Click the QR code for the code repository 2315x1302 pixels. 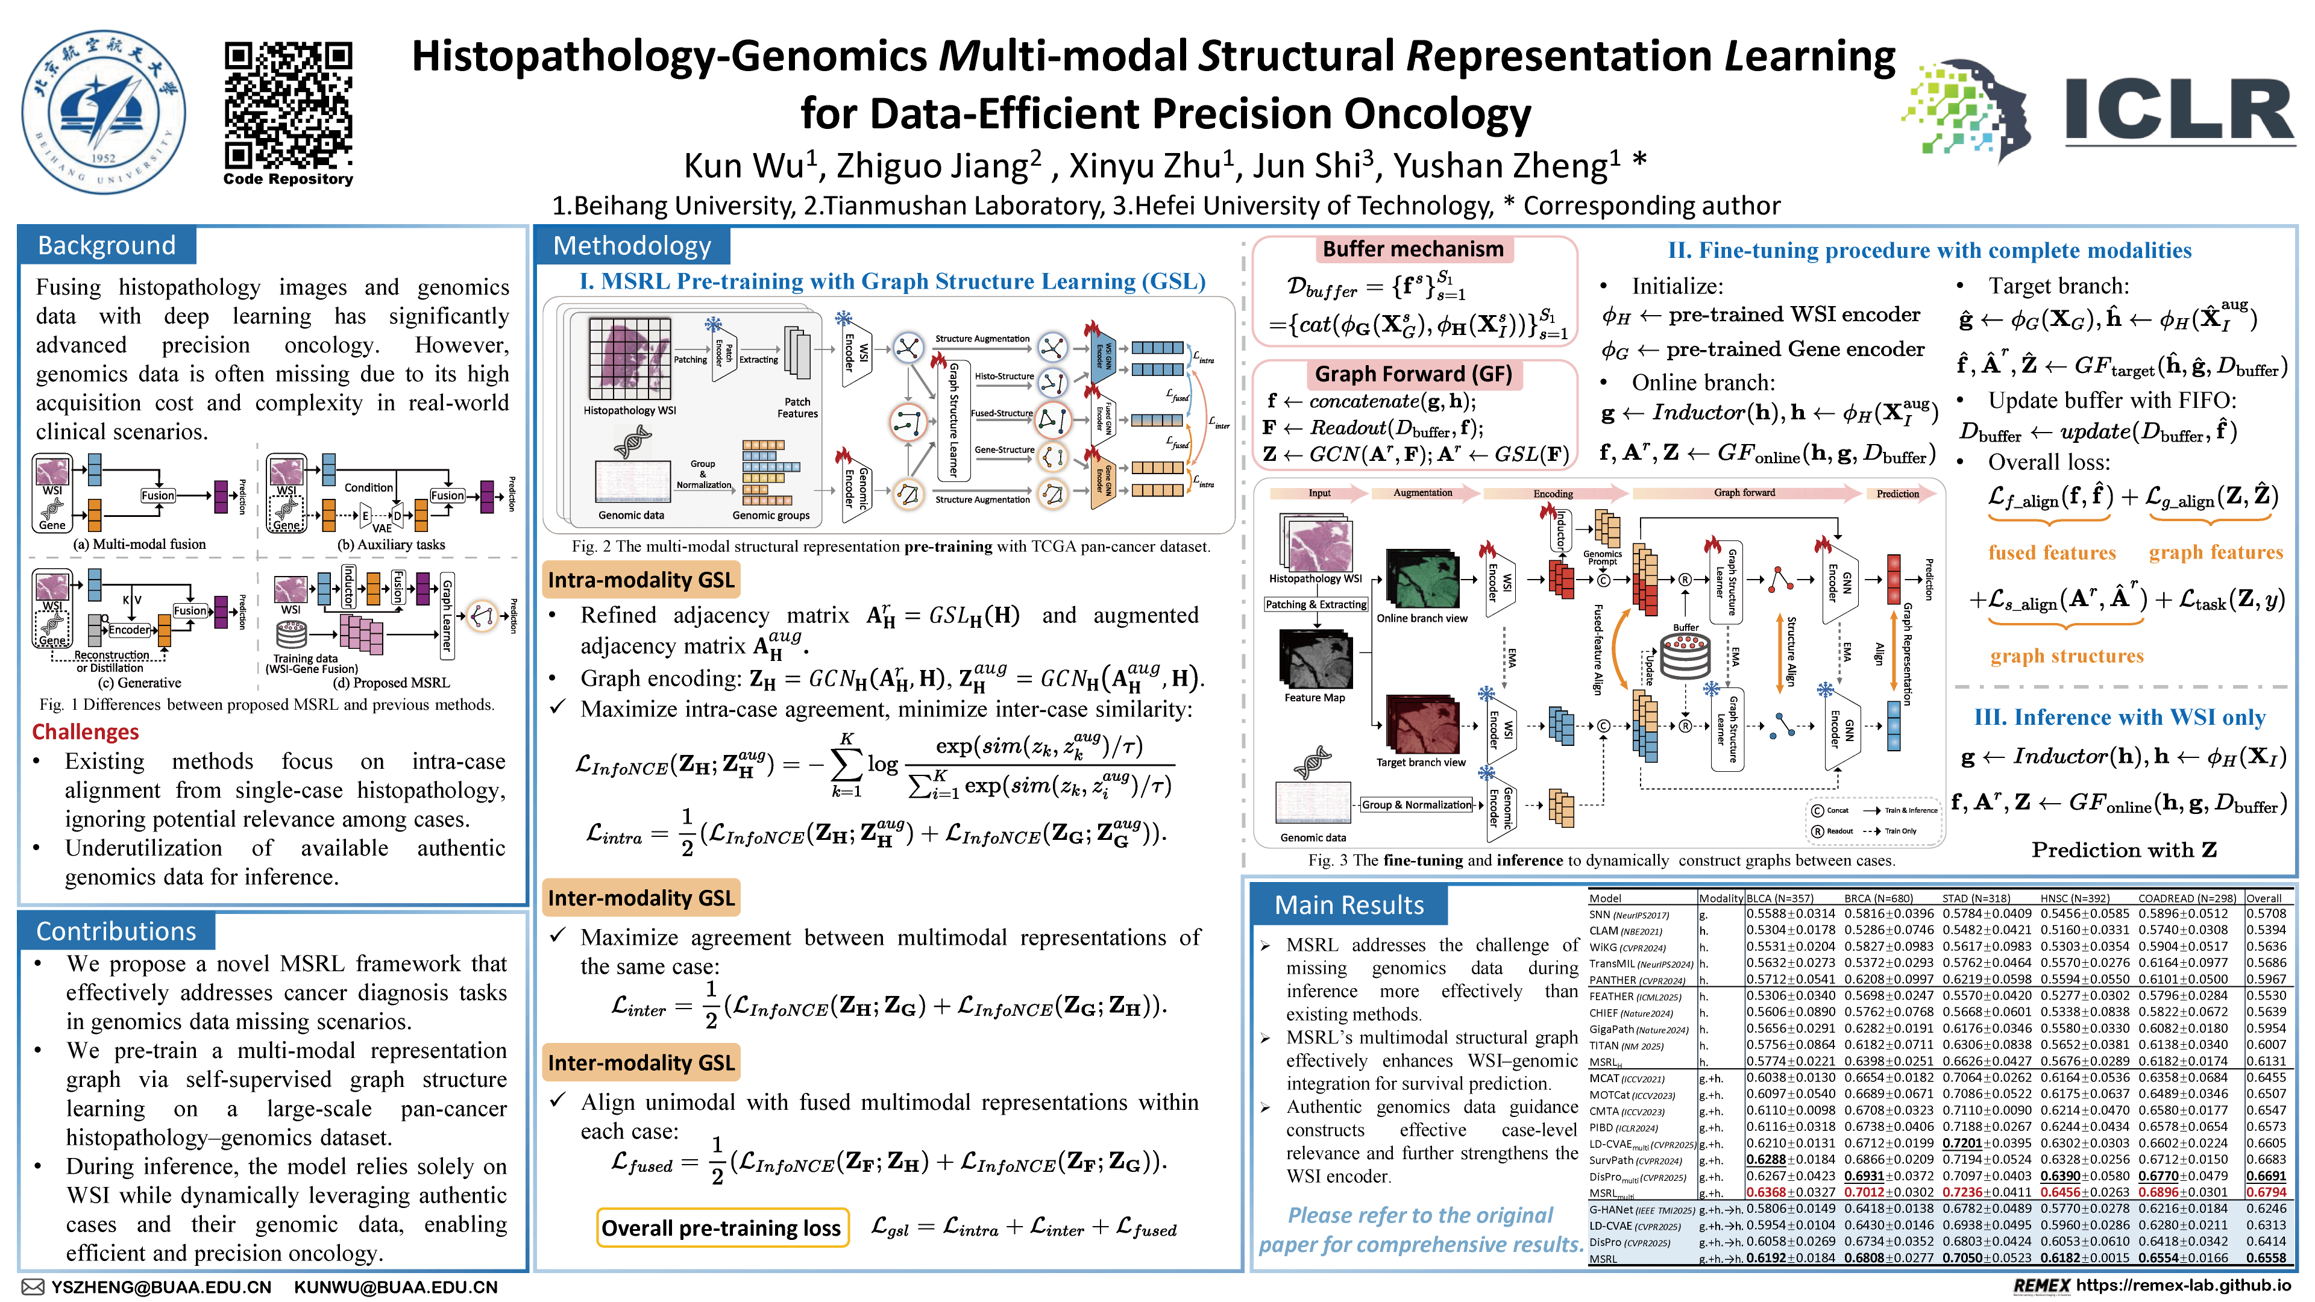click(x=287, y=105)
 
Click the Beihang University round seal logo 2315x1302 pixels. click(x=104, y=111)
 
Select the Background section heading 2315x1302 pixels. click(x=107, y=245)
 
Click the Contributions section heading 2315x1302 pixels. click(x=116, y=931)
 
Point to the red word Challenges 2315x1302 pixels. click(x=86, y=731)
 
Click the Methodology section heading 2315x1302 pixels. click(x=632, y=245)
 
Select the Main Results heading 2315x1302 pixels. click(x=1349, y=905)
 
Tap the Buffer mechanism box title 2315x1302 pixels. click(x=1413, y=249)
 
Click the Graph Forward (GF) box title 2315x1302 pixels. click(x=1413, y=374)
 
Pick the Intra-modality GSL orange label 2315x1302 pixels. click(x=641, y=580)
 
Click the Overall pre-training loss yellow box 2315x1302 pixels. click(x=721, y=1228)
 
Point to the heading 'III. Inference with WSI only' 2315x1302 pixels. click(x=2119, y=717)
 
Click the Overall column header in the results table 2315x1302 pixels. click(x=2264, y=898)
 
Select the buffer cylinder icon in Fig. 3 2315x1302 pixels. click(x=1685, y=657)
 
